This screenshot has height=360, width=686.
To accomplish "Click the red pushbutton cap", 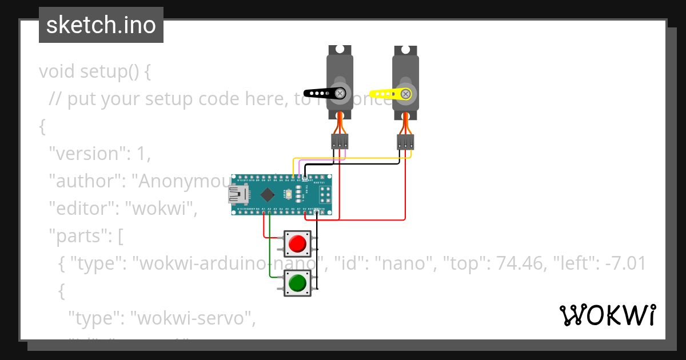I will [297, 244].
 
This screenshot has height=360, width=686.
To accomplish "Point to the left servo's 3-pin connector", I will [340, 142].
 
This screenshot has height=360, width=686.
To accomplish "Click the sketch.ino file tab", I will [101, 25].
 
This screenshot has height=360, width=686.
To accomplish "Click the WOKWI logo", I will [607, 315].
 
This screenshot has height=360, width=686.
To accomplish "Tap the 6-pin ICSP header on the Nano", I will [325, 195].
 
